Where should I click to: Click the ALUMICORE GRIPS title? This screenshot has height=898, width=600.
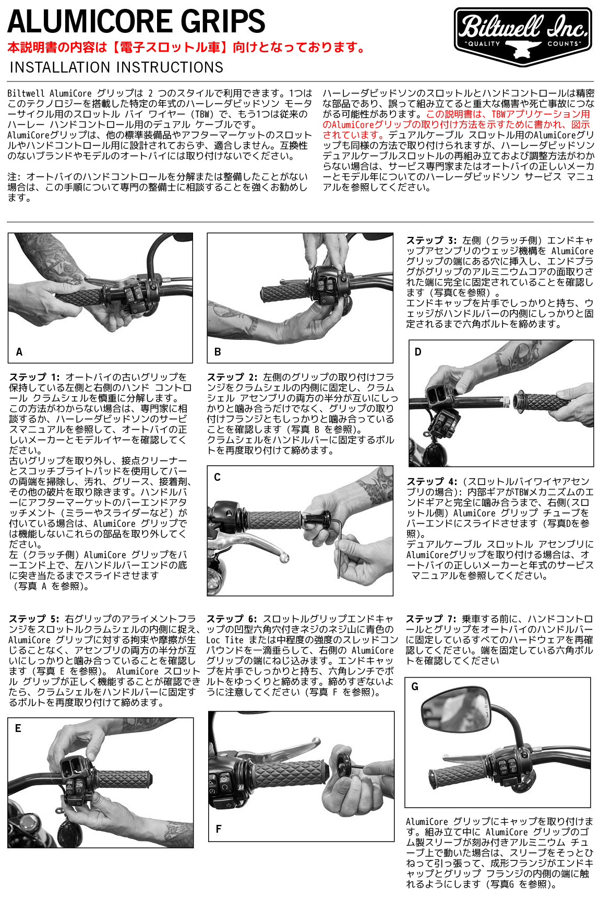tap(136, 22)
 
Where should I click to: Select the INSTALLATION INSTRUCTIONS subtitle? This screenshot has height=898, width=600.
tap(116, 67)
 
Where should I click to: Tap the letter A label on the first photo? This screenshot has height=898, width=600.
tap(19, 352)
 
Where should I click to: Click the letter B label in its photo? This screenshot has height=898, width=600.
tap(218, 352)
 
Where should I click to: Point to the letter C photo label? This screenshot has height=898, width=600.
tap(217, 477)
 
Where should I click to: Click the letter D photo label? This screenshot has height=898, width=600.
tap(417, 352)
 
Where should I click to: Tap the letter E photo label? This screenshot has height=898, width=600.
tap(18, 728)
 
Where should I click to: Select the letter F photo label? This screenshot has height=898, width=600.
tap(218, 829)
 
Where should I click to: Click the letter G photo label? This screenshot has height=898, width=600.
tap(415, 687)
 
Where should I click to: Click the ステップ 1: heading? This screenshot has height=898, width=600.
tap(34, 377)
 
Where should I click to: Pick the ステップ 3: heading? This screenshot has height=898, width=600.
tap(431, 240)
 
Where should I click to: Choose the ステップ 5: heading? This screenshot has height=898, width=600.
tap(34, 619)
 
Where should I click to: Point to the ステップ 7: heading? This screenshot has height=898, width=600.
tap(431, 619)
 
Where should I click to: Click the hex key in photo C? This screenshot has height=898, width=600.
tap(340, 548)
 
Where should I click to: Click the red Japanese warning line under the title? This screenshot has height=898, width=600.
tap(187, 48)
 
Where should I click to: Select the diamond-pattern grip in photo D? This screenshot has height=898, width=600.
tap(543, 402)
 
